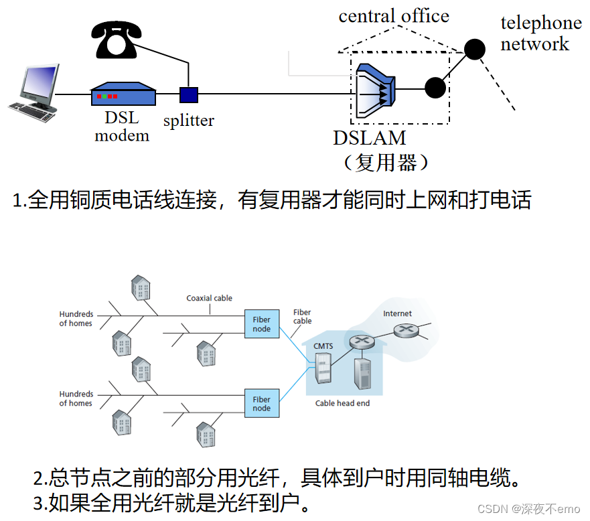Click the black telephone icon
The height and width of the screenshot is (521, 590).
pos(117,40)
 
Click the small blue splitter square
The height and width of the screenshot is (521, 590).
pos(189,94)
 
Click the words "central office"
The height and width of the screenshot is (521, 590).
pos(394,15)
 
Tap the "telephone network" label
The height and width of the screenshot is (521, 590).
pos(541,33)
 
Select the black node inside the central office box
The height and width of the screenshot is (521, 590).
pos(435,88)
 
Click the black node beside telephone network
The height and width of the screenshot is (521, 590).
pos(475,49)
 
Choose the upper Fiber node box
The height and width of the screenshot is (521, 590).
pos(261,324)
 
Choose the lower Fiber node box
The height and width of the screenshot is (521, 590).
pos(261,404)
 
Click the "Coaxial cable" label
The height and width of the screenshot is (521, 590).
pos(209,298)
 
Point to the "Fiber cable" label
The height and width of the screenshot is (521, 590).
pos(302,316)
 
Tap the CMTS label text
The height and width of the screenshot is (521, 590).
pos(323,346)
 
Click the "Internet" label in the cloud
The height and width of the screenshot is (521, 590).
pos(397,313)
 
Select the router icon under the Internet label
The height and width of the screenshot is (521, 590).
pos(404,330)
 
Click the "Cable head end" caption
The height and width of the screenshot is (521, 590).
pos(342,403)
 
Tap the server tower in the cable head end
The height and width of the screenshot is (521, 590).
pos(363,375)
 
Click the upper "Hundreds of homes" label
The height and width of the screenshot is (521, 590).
pos(76,319)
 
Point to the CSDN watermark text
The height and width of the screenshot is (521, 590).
pos(528,509)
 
